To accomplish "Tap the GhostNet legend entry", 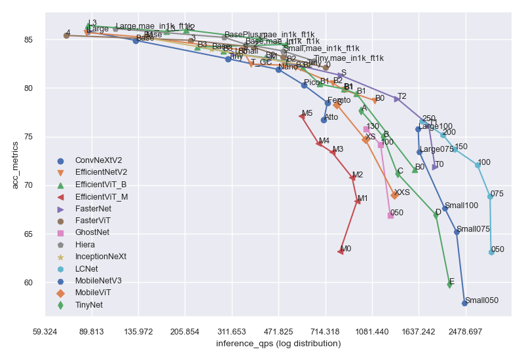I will point(92,232).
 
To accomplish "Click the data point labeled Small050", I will point(464,303).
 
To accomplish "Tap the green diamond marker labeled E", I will point(450,285).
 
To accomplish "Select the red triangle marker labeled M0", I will point(341,251).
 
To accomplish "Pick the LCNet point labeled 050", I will point(491,251).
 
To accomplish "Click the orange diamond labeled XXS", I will point(394,195).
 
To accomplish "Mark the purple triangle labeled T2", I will point(397,99).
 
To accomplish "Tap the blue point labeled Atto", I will point(324,120).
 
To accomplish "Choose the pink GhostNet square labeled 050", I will point(391,215).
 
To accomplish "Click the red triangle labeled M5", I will point(302,116).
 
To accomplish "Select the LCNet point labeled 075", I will point(490,196).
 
